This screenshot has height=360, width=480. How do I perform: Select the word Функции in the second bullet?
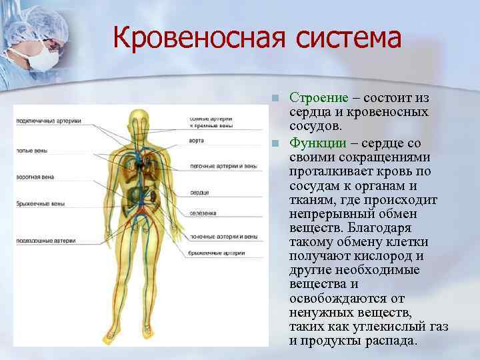(317, 143)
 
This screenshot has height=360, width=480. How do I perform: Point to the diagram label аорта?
(197, 141)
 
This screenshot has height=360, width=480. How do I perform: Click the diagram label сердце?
(199, 193)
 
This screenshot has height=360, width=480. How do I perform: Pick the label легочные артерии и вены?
(223, 165)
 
